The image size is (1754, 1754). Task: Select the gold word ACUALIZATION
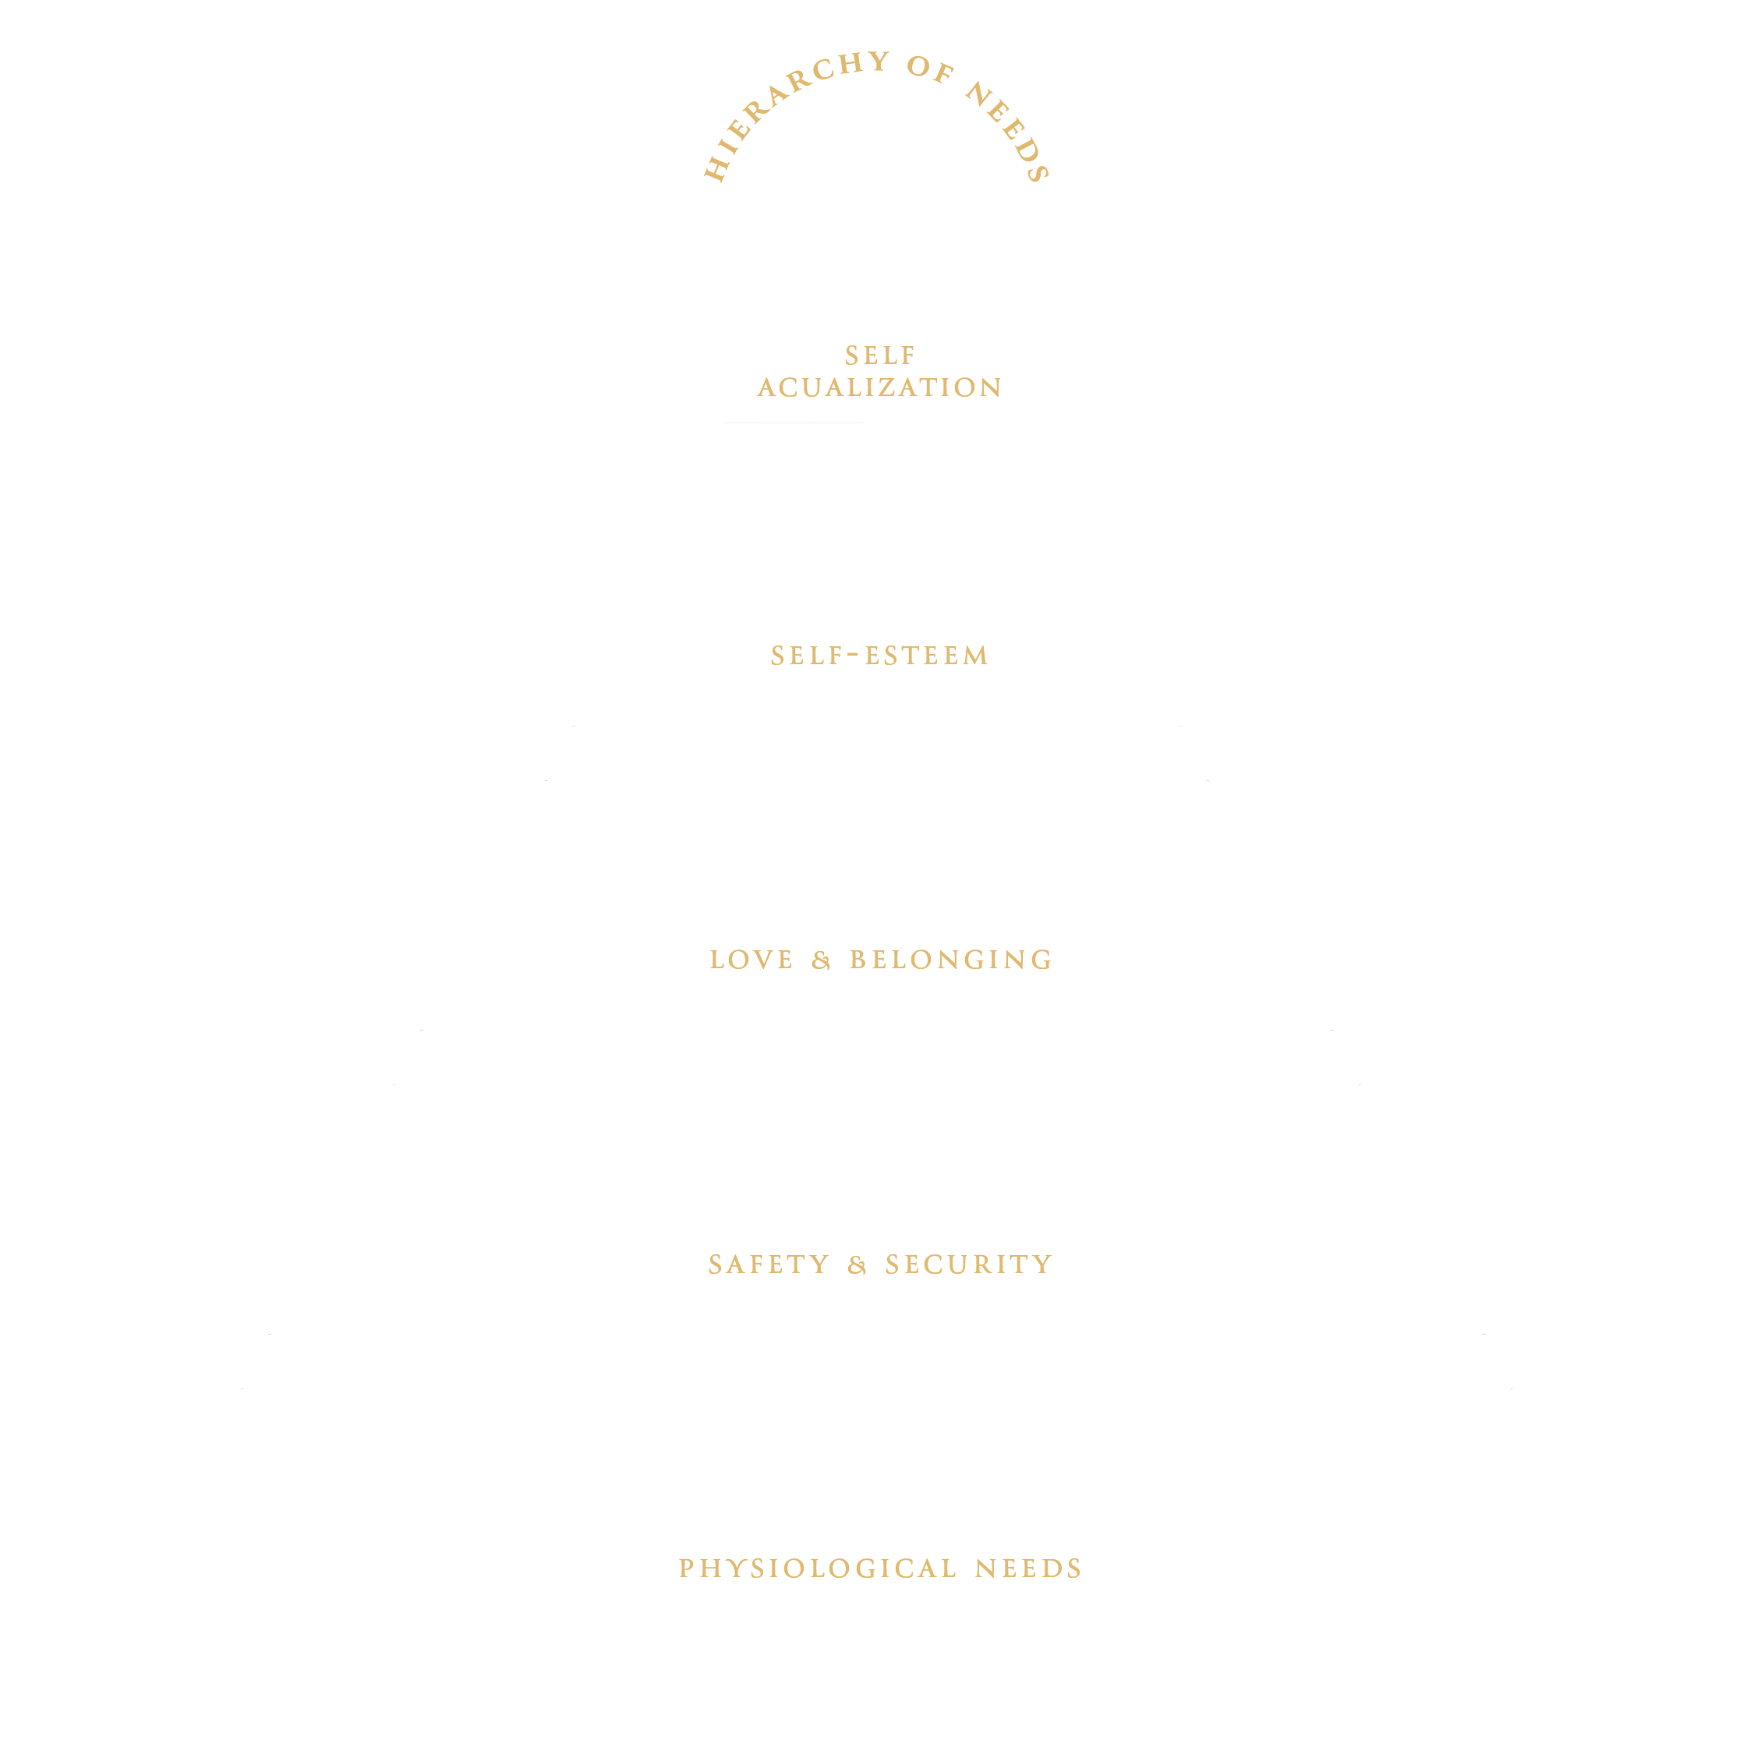click(879, 387)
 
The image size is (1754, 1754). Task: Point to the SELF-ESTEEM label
click(879, 656)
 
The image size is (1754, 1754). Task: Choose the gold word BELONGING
click(950, 960)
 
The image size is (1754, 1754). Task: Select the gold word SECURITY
click(969, 1264)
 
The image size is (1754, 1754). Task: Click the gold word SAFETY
click(769, 1264)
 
